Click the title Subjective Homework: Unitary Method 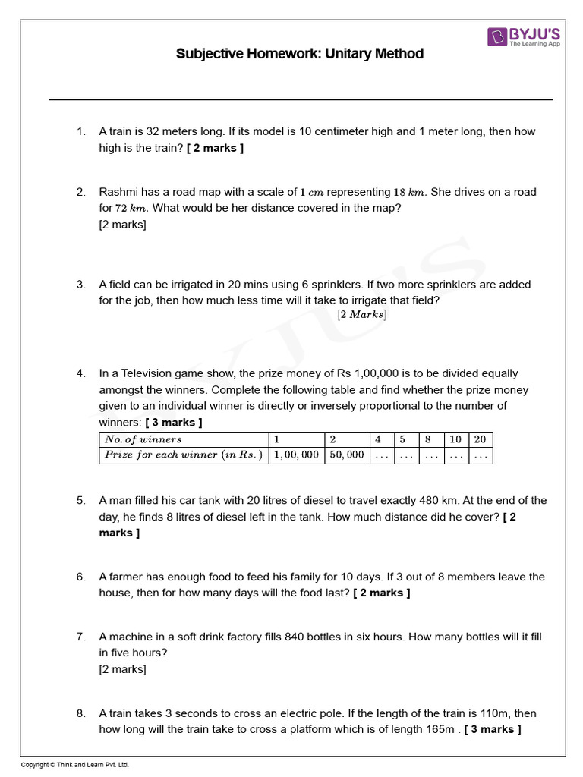300,54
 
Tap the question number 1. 80,131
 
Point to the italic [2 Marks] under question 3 361,315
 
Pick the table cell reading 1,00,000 296,455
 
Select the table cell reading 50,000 346,455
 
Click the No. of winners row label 143,439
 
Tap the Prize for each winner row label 183,455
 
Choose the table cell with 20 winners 480,439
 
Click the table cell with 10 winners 455,439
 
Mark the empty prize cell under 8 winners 430,455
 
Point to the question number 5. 80,501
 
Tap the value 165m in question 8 443,730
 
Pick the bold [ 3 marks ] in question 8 493,730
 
